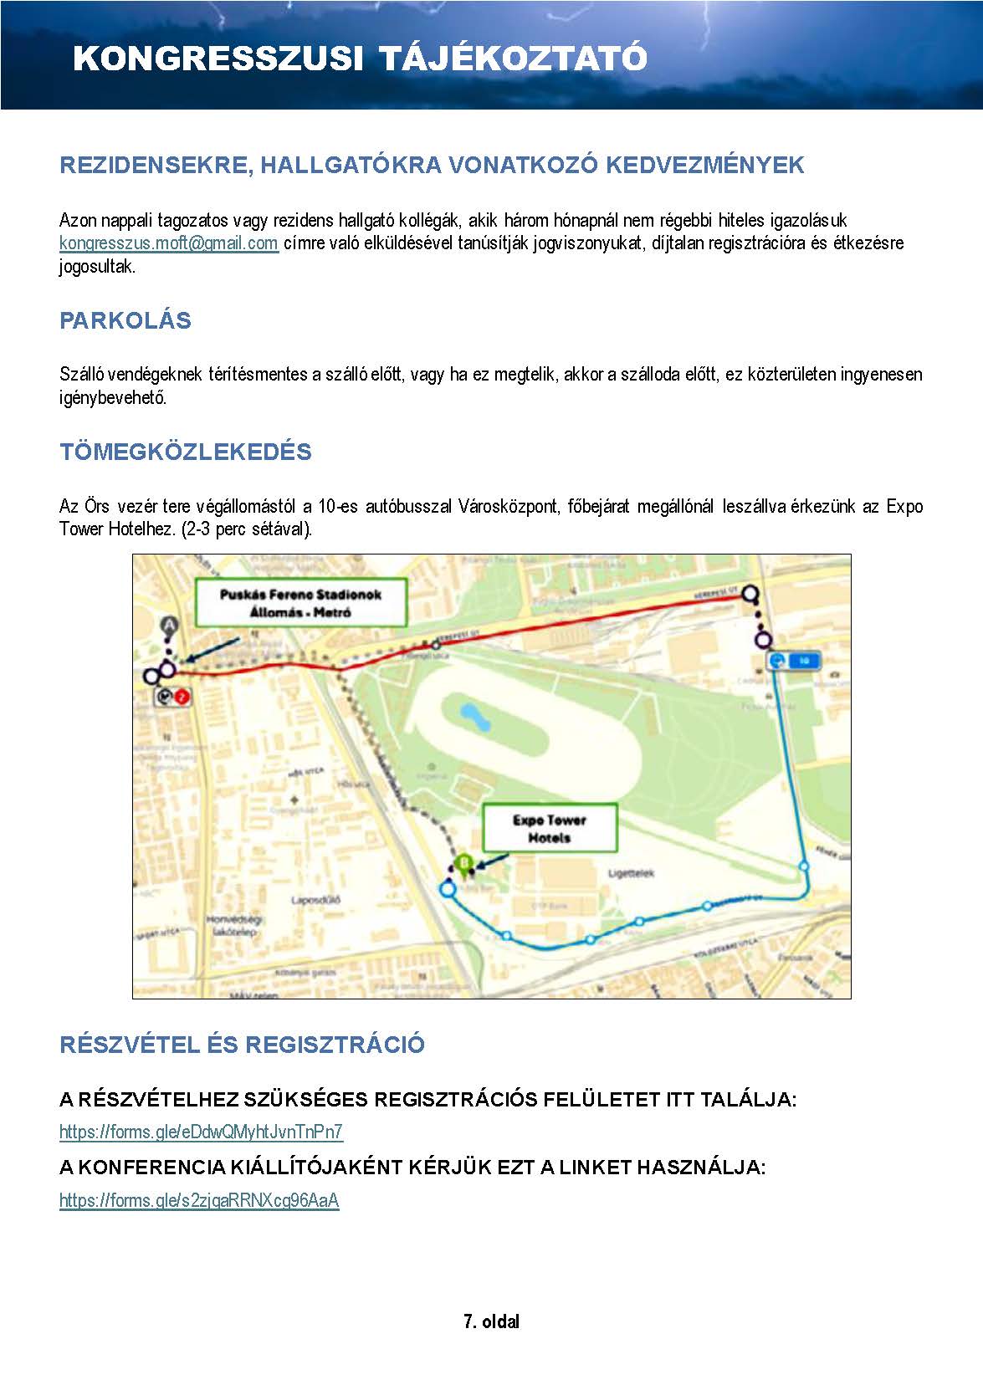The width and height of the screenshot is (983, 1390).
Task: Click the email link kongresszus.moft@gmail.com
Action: coord(168,243)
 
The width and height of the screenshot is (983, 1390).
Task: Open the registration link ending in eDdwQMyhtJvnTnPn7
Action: coord(201,1132)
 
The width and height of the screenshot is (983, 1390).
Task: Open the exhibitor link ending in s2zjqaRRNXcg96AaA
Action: coord(199,1201)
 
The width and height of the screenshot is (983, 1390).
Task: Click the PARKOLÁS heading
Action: coord(125,320)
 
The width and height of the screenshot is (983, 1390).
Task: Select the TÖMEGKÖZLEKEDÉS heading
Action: coord(185,452)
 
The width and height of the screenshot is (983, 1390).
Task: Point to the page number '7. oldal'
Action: coord(491,1321)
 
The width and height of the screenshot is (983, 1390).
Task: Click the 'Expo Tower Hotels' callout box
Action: coord(550,828)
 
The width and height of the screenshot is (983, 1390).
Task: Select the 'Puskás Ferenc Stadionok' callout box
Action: coord(300,603)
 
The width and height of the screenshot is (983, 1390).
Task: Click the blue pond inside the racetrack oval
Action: coord(470,714)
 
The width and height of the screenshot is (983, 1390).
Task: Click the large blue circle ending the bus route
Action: coord(448,889)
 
